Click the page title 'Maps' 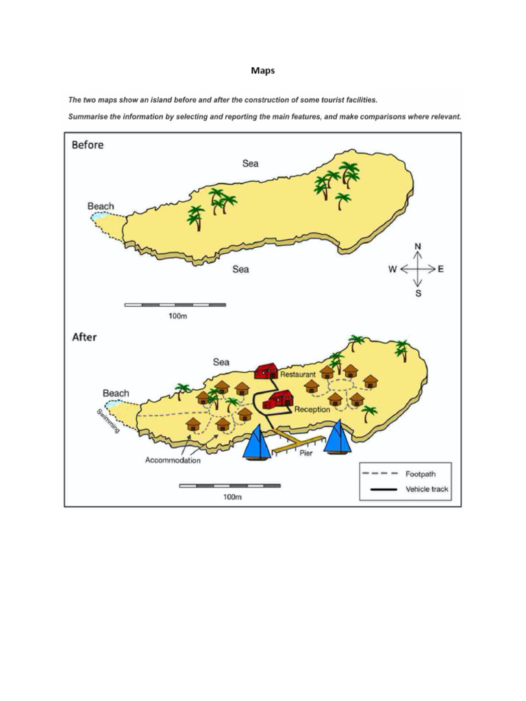tap(263, 71)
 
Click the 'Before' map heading tap(88, 145)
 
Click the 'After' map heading tap(85, 337)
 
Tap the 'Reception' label tap(312, 409)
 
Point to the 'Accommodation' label tap(173, 460)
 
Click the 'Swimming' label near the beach tap(108, 420)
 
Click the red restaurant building tap(266, 370)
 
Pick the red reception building tap(279, 399)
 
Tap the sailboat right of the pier tap(338, 437)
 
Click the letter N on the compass tap(418, 246)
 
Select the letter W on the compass tap(392, 270)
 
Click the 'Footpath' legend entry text tap(421, 473)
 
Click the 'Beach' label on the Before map tap(101, 205)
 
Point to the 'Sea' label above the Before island tap(250, 164)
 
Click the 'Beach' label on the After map tap(116, 393)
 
